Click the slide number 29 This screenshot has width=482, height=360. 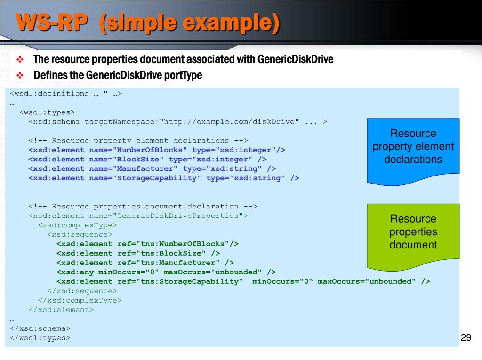coord(466,337)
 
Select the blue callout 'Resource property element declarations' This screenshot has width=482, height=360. coord(413,147)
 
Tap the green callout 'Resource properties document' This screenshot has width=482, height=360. coord(413,232)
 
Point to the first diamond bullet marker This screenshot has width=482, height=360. coord(20,60)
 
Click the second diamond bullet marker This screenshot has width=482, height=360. coord(20,75)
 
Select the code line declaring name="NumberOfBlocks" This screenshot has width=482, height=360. coord(157,150)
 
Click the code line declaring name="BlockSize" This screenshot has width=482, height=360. coord(147,159)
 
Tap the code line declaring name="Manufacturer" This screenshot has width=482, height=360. coord(152,168)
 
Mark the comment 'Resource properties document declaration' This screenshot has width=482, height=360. coord(143,206)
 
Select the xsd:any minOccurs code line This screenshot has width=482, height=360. coord(166,272)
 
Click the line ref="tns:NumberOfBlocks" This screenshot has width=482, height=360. coord(147,244)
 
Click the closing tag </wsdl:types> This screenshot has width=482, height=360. coord(40,338)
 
